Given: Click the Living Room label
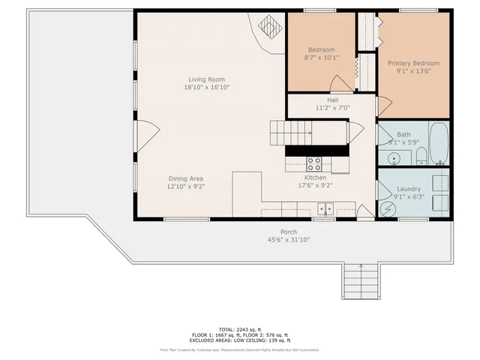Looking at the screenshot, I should coord(205,79).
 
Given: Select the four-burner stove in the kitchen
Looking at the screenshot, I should coord(315,161).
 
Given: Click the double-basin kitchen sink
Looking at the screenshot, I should coord(325,208).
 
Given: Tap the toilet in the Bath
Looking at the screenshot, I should coord(421,157).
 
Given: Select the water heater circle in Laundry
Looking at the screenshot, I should coord(387,209).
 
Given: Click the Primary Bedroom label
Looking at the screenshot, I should coord(413,64).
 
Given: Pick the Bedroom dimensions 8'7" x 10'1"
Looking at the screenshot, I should coord(321,57).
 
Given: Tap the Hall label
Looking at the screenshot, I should coord(332,100).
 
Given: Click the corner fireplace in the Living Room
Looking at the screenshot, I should coord(268,28).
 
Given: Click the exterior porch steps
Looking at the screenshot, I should coord(361,283).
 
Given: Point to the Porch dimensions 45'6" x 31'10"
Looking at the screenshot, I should coord(289,240).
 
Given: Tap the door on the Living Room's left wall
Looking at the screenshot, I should coord(145,134).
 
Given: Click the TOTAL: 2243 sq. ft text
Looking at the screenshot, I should coord(239,329).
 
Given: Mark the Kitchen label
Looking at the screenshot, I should coord(315,178).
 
